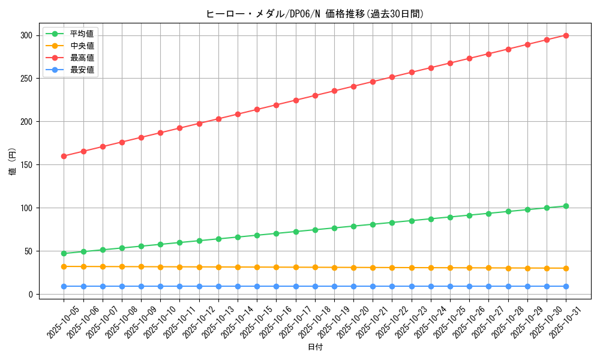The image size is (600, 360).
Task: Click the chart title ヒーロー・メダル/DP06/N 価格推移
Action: (x=314, y=14)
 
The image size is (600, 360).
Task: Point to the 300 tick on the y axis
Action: (x=25, y=35)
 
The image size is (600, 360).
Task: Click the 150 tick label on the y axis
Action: (x=25, y=165)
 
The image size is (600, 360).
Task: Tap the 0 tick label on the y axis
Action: (x=29, y=295)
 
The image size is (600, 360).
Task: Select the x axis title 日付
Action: (x=314, y=347)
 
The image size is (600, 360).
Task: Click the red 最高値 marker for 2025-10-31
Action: (x=566, y=35)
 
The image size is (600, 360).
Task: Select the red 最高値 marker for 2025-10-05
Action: (x=64, y=156)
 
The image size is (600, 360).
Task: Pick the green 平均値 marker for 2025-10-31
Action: (x=566, y=206)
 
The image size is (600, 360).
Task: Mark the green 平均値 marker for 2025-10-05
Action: (x=64, y=253)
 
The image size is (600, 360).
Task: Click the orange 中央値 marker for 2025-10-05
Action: (x=64, y=266)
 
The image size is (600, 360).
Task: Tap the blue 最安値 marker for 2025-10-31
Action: (x=566, y=286)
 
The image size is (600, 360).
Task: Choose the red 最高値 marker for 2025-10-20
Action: (x=353, y=86)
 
